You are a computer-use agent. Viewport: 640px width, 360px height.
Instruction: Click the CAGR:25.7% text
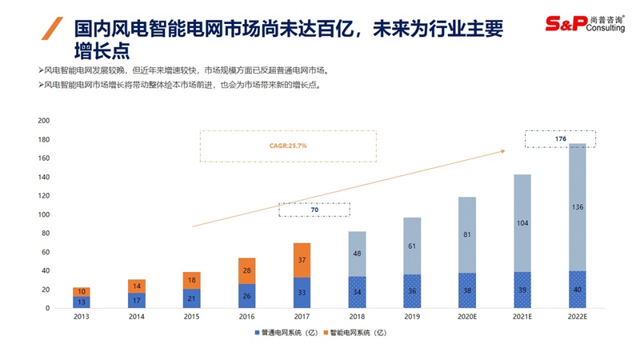click(289, 146)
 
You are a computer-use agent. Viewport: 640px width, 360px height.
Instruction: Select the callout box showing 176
click(560, 138)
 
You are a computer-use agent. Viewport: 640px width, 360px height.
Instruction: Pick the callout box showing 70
click(314, 210)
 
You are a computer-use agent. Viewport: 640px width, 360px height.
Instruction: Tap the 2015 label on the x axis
click(191, 318)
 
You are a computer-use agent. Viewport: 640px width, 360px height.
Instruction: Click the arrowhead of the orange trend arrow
click(504, 149)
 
